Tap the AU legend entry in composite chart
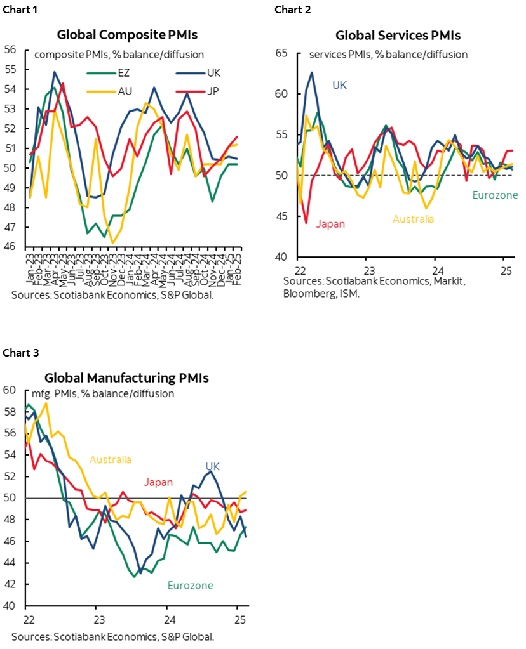click(x=125, y=91)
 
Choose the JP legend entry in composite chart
click(x=213, y=91)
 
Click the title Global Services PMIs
click(x=398, y=36)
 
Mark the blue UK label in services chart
click(x=340, y=85)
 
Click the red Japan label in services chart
click(x=330, y=223)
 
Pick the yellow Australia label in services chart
click(x=413, y=219)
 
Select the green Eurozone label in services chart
click(x=495, y=195)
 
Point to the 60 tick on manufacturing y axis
click(x=10, y=391)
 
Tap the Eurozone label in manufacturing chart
click(x=190, y=586)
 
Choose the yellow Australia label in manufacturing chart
click(x=111, y=460)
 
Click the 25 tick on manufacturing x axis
click(x=237, y=619)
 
